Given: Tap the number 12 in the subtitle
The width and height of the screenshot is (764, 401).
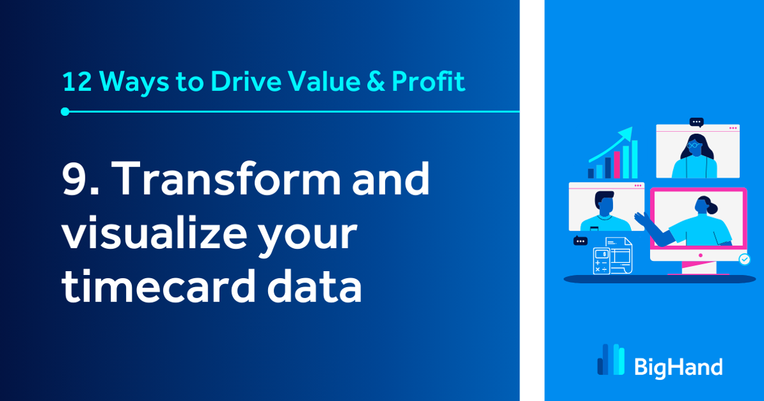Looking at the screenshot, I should click(x=77, y=82).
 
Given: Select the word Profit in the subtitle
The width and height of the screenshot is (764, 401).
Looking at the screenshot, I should click(x=428, y=82).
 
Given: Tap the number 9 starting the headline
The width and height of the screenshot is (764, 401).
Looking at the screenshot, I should click(x=76, y=179).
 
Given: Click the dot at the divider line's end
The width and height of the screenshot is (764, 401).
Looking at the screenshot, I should click(x=65, y=112).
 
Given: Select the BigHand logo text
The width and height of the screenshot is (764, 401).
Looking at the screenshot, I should click(x=679, y=367).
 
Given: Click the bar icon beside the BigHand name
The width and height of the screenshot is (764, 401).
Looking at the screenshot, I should click(x=611, y=360).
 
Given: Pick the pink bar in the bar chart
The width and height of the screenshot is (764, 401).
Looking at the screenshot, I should click(x=616, y=164).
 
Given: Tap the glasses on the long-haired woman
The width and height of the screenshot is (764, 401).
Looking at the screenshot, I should click(x=694, y=145).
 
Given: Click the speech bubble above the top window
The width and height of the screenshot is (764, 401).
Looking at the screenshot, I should click(x=697, y=122).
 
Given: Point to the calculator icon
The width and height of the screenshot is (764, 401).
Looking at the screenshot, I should click(x=601, y=261).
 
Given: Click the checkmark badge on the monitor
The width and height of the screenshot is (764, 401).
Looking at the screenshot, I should click(x=744, y=259).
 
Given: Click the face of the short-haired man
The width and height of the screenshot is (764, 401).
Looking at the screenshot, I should click(x=605, y=205).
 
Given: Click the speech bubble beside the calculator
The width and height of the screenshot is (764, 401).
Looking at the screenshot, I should click(x=580, y=241).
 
